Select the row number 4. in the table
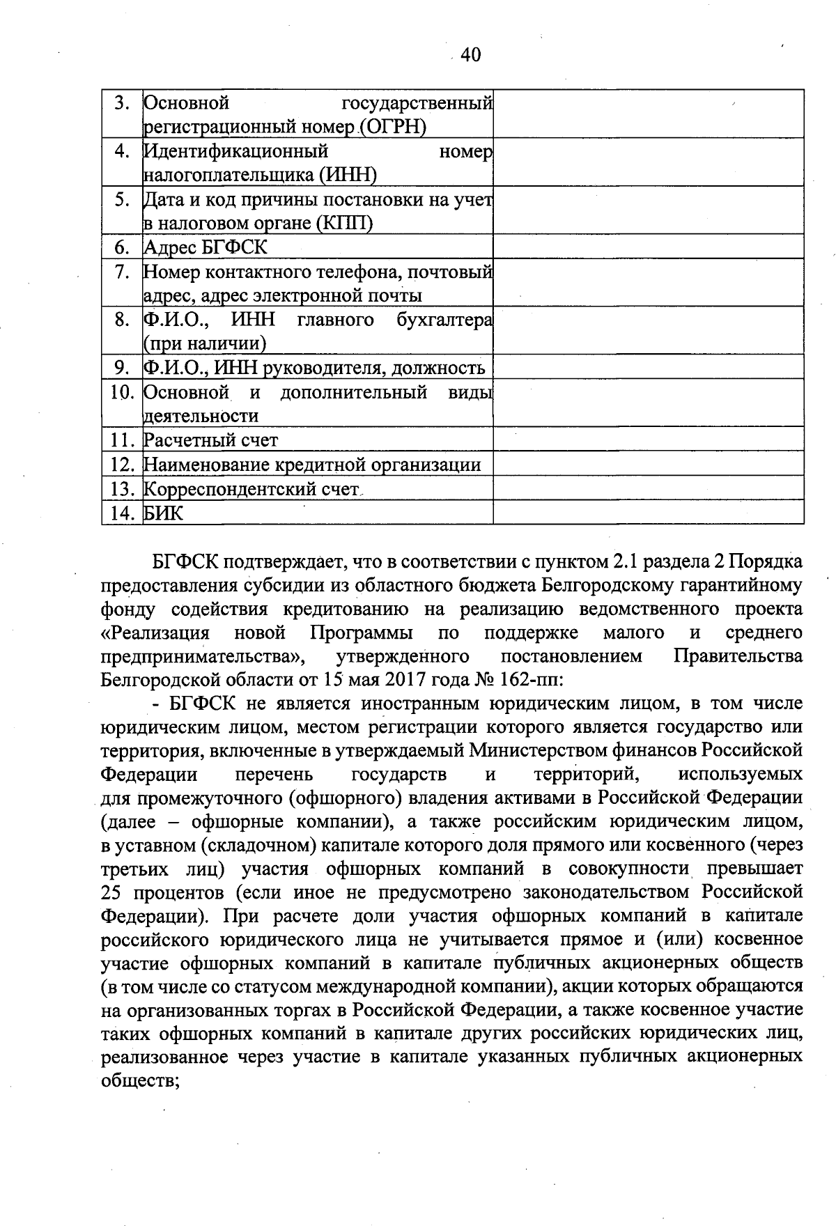click(x=122, y=151)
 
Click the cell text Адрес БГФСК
click(x=205, y=247)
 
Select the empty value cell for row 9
click(x=648, y=367)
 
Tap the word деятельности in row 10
click(x=201, y=416)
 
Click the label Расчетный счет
click(x=210, y=440)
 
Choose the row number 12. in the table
click(x=122, y=465)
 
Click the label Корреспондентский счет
click(x=250, y=489)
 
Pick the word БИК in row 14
click(x=164, y=513)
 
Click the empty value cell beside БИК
click(x=648, y=513)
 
